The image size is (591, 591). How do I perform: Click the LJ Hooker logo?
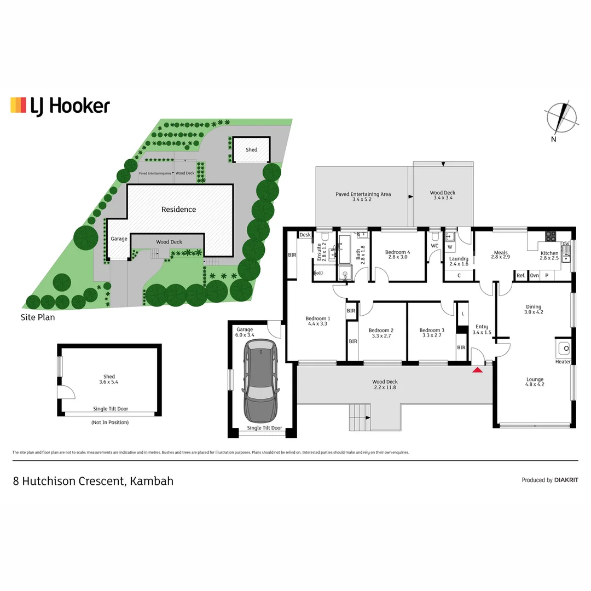click(x=60, y=105)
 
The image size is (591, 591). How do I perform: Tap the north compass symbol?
click(x=560, y=119)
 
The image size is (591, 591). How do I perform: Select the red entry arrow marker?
click(x=477, y=370)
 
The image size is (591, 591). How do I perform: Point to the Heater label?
click(x=563, y=362)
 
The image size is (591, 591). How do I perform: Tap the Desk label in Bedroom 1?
click(x=305, y=235)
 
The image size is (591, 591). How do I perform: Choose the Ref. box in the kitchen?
click(x=521, y=276)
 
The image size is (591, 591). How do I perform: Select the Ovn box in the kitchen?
click(x=534, y=276)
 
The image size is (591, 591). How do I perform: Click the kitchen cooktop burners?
click(x=550, y=236)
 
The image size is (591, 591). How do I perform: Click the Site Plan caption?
click(x=38, y=317)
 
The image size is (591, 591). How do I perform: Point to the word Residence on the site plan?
click(x=178, y=209)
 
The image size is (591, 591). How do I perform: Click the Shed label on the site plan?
click(x=251, y=149)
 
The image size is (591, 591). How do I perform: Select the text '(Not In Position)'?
click(x=109, y=422)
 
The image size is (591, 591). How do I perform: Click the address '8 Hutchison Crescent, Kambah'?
click(x=93, y=481)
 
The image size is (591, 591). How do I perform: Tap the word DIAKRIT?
click(x=566, y=480)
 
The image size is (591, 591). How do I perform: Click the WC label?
click(x=434, y=246)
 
